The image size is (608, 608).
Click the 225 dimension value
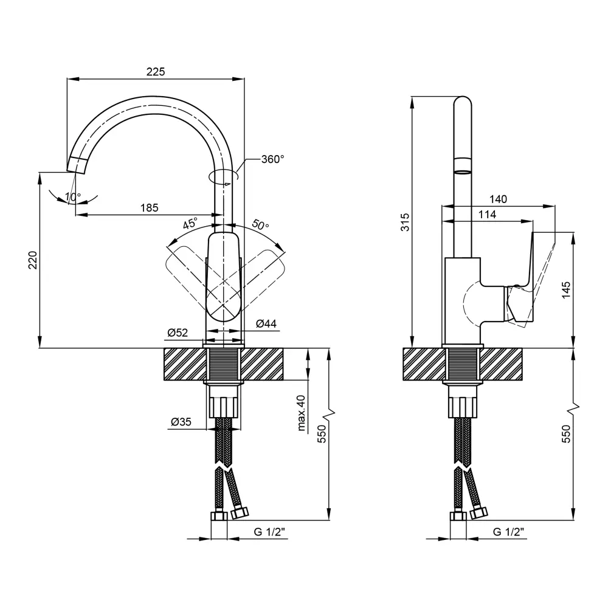pyautogui.click(x=156, y=72)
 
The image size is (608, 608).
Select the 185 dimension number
pyautogui.click(x=150, y=208)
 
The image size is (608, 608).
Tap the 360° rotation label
pyautogui.click(x=272, y=159)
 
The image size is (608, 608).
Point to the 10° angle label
pyautogui.click(x=73, y=196)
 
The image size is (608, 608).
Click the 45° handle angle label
pyautogui.click(x=190, y=224)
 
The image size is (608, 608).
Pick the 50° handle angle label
pyautogui.click(x=261, y=224)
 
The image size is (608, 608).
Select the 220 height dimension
pyautogui.click(x=33, y=260)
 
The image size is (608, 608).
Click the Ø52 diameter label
pyautogui.click(x=178, y=333)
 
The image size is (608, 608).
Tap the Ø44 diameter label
pyautogui.click(x=266, y=323)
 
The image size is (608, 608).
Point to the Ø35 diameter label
pyautogui.click(x=181, y=421)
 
